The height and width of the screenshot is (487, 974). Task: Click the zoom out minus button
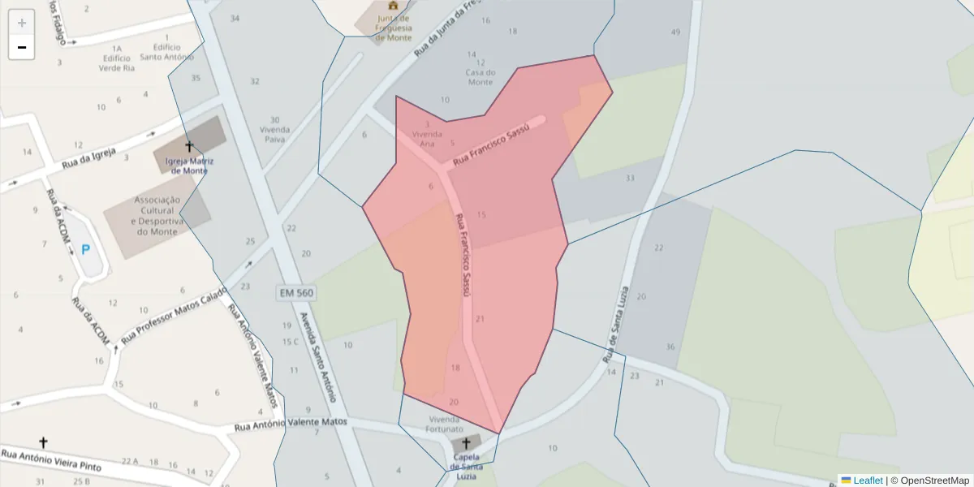(22, 47)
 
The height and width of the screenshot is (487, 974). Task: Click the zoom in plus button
(22, 23)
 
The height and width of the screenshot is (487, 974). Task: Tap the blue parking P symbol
(85, 249)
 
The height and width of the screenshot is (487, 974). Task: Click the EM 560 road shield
(295, 292)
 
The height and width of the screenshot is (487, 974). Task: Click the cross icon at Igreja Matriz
(189, 147)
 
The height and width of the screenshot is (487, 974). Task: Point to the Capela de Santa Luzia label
(467, 467)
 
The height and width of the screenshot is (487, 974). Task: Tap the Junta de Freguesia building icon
(394, 5)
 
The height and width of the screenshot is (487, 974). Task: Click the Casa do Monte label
(480, 77)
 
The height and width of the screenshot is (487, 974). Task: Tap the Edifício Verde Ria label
(116, 63)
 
